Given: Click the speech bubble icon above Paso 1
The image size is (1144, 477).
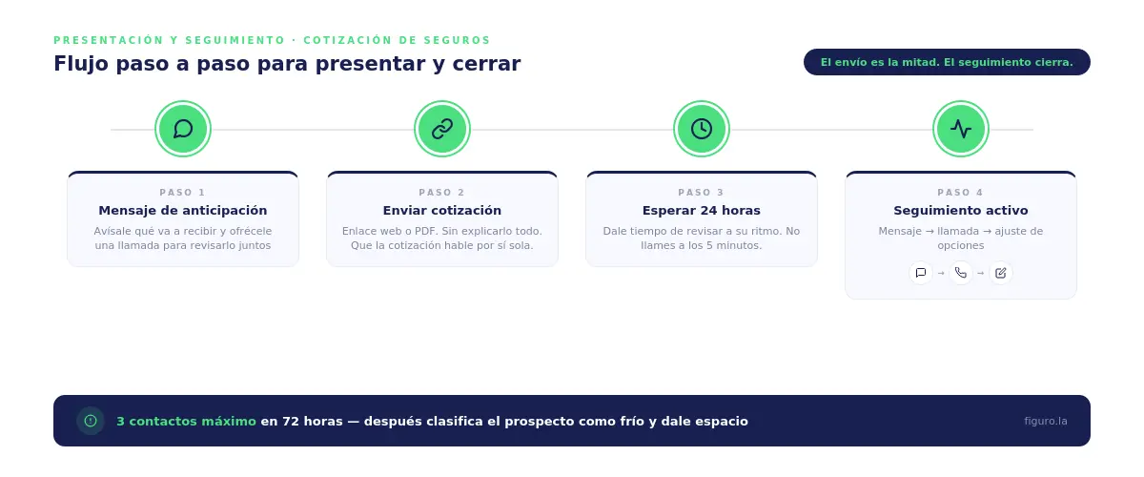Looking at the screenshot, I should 183,129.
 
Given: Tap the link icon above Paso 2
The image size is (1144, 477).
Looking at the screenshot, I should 442,129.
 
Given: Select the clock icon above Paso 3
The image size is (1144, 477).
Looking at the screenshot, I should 702,129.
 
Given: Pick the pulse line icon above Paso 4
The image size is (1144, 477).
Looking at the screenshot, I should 961,129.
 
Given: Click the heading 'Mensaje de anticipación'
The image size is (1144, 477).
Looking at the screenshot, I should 183,210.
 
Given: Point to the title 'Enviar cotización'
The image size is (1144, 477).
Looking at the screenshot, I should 442,210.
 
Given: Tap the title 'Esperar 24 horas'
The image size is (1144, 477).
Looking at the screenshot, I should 702,210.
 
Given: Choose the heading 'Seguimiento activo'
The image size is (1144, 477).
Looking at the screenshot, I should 961,210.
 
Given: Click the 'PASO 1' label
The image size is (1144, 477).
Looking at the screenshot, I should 183,193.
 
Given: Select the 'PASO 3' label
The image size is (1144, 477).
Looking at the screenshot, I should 702,193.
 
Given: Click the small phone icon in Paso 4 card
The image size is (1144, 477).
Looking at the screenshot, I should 961,273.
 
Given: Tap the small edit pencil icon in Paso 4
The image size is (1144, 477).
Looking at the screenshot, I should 1000,273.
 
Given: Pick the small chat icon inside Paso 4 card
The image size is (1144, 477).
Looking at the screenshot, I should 921,273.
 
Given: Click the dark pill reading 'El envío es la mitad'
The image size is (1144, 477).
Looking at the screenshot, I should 947,62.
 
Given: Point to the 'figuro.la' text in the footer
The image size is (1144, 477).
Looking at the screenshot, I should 1046,421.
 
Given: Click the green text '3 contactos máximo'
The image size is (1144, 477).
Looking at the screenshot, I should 186,421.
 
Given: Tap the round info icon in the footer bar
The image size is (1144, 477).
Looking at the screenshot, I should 91,421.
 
